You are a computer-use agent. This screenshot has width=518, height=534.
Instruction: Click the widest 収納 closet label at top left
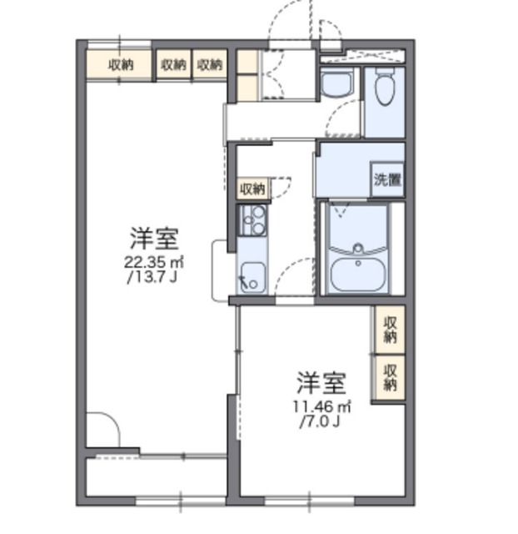121,64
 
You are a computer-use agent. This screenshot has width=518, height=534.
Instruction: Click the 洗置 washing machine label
386,179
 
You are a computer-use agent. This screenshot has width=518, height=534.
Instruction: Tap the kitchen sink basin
252,274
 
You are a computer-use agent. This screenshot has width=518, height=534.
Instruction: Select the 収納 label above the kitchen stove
252,189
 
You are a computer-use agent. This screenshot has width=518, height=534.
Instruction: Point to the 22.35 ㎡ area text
153,261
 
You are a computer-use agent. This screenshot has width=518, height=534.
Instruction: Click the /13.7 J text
153,276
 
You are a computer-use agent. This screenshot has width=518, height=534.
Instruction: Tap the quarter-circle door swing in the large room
103,430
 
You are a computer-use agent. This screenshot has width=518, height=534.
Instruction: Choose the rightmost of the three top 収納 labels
211,64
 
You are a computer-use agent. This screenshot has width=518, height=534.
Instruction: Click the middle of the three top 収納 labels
173,64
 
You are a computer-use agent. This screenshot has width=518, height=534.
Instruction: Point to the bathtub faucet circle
358,248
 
